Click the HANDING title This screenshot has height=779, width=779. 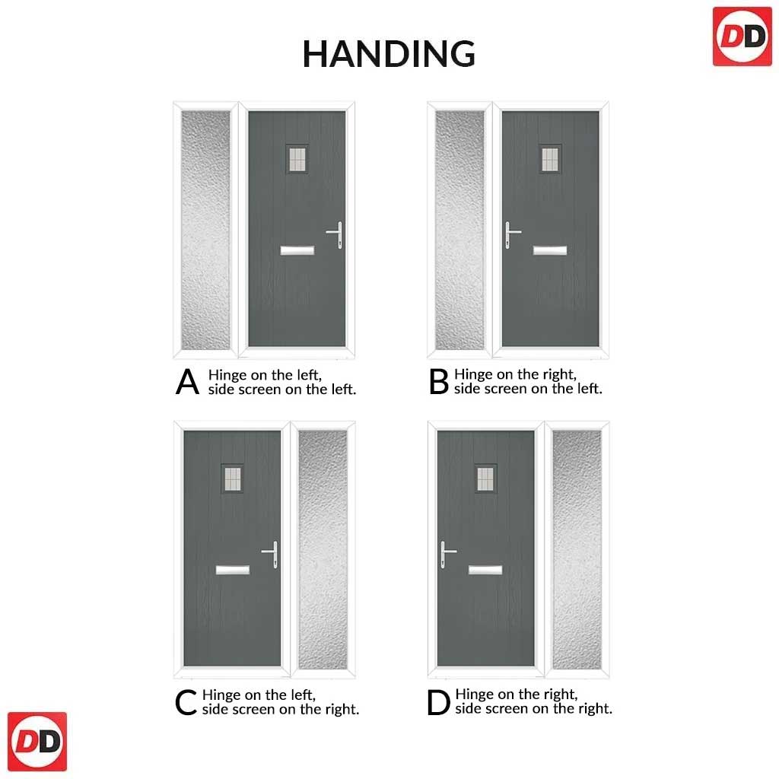pos(389,54)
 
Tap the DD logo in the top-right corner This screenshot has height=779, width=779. pos(742,37)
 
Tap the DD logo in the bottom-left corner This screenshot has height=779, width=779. pos(37,741)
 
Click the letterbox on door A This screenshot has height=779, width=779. pos(297,250)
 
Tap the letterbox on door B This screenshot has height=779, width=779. pos(550,250)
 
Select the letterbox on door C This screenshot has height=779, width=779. pos(233,569)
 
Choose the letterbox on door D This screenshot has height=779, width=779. pos(485,569)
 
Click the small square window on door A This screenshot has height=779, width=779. pos(297,159)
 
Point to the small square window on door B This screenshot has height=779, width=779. pos(550,159)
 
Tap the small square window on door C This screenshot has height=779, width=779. pos(233,479)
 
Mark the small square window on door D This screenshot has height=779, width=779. pos(485,479)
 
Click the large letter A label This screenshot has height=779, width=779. pos(187,382)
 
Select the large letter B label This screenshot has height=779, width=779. pos(439,382)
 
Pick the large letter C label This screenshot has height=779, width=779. pos(186,702)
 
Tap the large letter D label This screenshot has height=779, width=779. pos(438,702)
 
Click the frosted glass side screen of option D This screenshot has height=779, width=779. pos(577,549)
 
